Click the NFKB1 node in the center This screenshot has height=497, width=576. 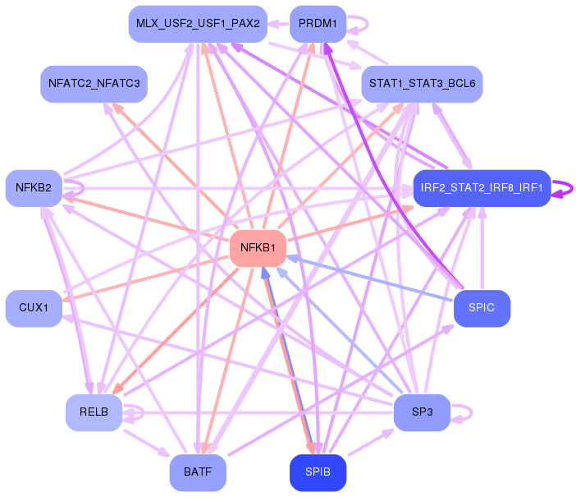(x=258, y=248)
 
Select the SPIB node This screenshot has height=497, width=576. (x=318, y=472)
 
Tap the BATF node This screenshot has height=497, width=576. (x=198, y=472)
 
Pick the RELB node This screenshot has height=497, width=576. (x=94, y=412)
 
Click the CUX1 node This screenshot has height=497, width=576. (x=34, y=308)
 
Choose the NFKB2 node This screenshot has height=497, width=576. (x=34, y=188)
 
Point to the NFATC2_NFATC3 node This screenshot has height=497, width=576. (x=94, y=84)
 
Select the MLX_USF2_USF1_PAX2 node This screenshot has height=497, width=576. (x=198, y=24)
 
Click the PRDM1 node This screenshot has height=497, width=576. (x=318, y=24)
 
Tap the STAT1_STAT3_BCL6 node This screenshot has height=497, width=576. (x=422, y=84)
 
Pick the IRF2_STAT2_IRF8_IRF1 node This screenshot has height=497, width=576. (x=482, y=188)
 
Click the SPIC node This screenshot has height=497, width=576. (x=482, y=308)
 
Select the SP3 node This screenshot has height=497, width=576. (x=422, y=412)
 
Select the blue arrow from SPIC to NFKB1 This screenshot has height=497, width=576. (x=370, y=279)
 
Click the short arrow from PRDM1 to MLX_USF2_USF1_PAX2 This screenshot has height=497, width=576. (x=278, y=24)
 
